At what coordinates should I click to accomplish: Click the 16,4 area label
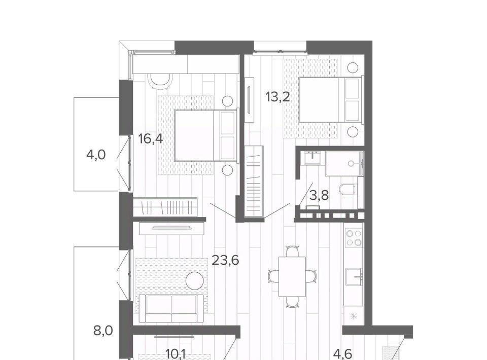(x=151, y=138)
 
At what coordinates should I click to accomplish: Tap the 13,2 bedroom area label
(x=277, y=97)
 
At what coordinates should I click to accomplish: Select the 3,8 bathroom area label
(x=319, y=196)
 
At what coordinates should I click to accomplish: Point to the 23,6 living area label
(x=225, y=260)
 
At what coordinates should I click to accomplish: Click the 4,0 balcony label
(x=96, y=154)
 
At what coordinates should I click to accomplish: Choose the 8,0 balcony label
(x=103, y=331)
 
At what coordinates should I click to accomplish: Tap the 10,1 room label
(x=176, y=354)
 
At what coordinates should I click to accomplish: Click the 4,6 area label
(x=342, y=354)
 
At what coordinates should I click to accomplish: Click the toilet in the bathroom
(x=348, y=189)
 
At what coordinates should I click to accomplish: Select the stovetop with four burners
(x=354, y=238)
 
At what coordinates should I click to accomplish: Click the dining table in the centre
(x=292, y=276)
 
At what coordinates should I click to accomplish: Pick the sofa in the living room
(x=171, y=308)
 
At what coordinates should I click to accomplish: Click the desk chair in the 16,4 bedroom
(x=160, y=81)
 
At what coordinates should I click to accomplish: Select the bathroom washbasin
(x=314, y=158)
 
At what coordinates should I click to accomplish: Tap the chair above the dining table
(x=292, y=251)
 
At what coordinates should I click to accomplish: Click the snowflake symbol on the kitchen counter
(x=354, y=316)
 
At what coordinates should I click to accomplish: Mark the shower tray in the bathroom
(x=344, y=164)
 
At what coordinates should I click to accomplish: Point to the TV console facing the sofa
(x=172, y=229)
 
